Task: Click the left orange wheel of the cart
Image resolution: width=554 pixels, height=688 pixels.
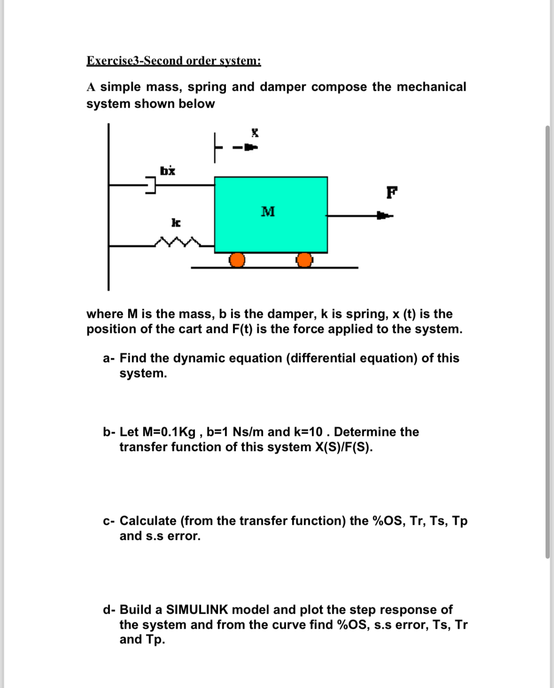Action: click(x=237, y=260)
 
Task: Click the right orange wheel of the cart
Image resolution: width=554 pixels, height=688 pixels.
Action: click(x=304, y=260)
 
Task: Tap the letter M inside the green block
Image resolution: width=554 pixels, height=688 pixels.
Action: click(x=268, y=212)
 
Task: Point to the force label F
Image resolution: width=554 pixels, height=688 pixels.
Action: click(x=391, y=192)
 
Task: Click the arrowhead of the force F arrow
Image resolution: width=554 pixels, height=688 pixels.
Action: click(x=384, y=216)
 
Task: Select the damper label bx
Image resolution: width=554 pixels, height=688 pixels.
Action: click(x=168, y=170)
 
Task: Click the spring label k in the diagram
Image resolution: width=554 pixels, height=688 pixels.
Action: click(x=176, y=222)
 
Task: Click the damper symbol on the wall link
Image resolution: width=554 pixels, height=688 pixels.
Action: click(x=150, y=185)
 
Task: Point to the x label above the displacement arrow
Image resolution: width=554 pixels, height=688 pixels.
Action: click(x=255, y=132)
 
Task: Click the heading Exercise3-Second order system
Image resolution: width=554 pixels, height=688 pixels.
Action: click(x=173, y=61)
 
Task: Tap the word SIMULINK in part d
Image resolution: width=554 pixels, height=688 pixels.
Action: click(x=197, y=609)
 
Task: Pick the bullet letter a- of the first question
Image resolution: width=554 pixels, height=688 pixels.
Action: click(x=109, y=358)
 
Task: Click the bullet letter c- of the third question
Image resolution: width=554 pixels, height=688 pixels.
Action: click(x=109, y=521)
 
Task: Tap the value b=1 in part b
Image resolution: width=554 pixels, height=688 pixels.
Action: click(x=218, y=432)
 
